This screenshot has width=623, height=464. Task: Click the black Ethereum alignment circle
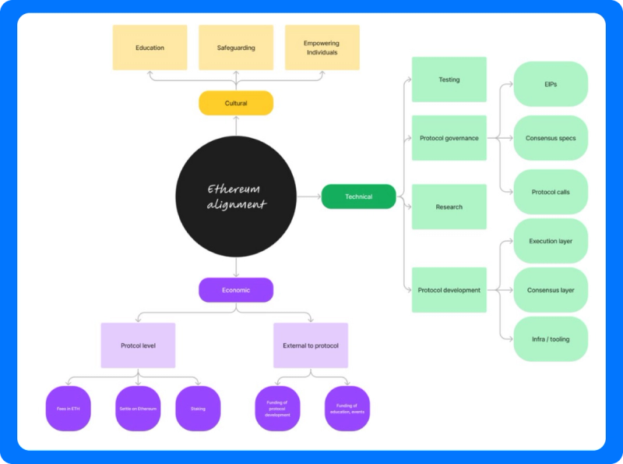(236, 197)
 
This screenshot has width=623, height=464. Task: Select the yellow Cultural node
(236, 103)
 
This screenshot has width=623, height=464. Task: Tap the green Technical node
(358, 197)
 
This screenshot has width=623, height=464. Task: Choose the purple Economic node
(236, 290)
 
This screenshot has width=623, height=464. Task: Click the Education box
(150, 48)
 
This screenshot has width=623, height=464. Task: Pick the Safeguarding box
(236, 48)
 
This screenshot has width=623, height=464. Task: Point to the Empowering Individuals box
(322, 48)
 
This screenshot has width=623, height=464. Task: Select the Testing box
(449, 80)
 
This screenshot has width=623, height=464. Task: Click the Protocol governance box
(449, 138)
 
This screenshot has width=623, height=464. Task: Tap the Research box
(449, 207)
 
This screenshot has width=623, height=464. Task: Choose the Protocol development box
(449, 290)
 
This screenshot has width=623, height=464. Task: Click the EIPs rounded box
(551, 83)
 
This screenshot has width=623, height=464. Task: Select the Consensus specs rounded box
(551, 138)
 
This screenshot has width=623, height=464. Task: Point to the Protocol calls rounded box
(551, 192)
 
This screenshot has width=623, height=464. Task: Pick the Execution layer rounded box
(551, 241)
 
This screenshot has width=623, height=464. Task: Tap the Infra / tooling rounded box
(551, 339)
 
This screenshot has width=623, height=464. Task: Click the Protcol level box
(138, 345)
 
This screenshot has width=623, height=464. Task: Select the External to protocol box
(311, 345)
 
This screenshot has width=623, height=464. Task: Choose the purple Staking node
(198, 408)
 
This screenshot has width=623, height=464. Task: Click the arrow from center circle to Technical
(309, 197)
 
